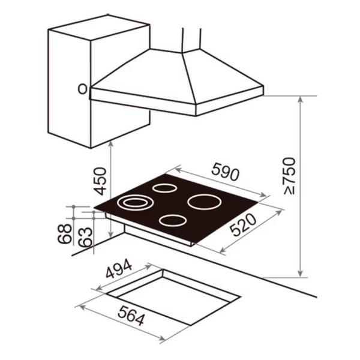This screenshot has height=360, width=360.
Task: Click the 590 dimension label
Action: pos(226,172)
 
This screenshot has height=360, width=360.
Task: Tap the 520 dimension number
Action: pos(243,225)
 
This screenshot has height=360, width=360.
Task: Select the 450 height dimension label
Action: pos(101,181)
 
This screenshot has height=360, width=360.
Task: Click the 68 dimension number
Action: pos(65,233)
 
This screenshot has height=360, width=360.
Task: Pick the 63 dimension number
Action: pos(85,237)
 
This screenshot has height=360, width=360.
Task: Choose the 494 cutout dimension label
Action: pos(119,269)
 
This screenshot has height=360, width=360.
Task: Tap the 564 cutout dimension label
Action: pos(131,315)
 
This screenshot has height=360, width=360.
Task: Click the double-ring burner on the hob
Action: pos(135,203)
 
